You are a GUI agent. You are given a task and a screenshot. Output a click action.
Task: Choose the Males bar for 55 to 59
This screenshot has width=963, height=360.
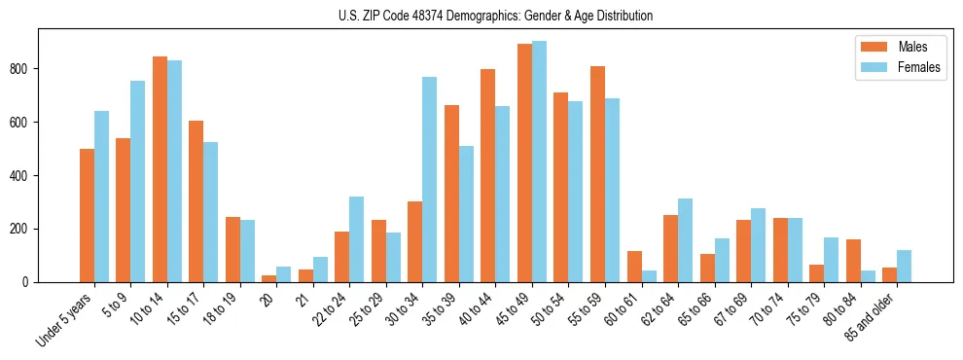tap(597, 174)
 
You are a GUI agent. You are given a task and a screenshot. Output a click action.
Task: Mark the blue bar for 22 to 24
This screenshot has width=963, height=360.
tap(356, 239)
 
